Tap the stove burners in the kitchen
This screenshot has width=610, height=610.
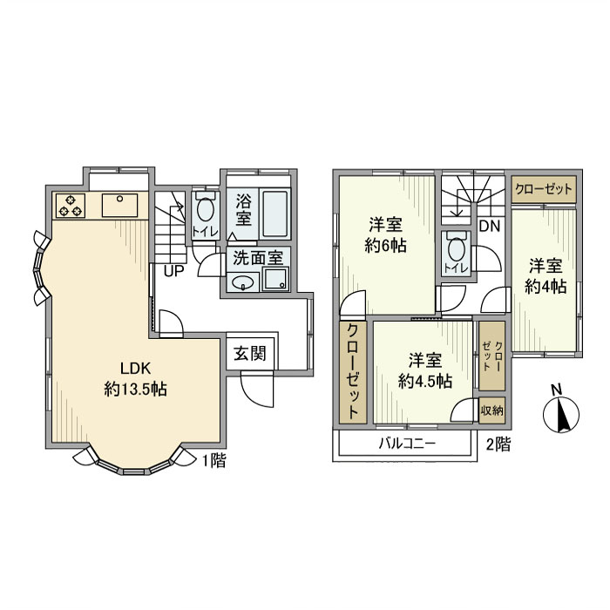pos(71,206)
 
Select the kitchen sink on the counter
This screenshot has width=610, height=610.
pos(116,206)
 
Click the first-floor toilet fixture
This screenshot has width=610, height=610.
pos(205,212)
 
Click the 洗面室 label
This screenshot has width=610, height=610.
pos(257,258)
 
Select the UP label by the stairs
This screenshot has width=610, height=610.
pos(173,270)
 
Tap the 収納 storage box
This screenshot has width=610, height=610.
pos(491,410)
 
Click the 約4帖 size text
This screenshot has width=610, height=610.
pos(546,286)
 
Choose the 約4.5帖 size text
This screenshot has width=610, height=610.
pos(424,381)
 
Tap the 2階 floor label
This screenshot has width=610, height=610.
pos(498,444)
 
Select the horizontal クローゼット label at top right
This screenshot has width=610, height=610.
pos(545,188)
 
